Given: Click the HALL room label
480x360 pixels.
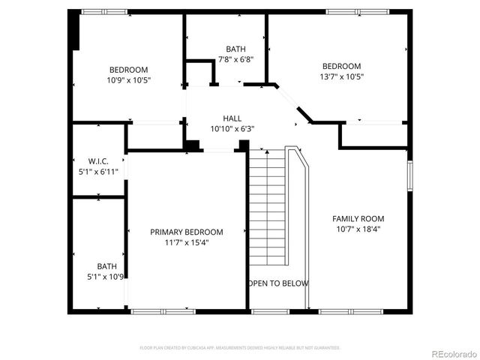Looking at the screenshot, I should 232,118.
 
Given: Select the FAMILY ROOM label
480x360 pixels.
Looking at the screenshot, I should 358,219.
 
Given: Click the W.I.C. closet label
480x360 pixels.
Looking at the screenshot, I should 98,161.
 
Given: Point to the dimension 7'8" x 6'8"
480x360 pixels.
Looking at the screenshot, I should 235,59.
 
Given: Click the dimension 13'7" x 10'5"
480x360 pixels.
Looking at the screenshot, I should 341,76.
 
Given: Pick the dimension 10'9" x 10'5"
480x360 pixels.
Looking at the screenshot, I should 128,80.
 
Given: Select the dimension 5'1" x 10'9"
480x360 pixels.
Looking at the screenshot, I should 106,277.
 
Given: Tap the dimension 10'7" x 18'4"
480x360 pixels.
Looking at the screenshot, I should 358,229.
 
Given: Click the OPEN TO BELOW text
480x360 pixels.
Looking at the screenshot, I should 277,283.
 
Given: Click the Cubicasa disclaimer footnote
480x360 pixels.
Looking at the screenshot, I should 240,348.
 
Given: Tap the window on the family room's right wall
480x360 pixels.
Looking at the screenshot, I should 410,175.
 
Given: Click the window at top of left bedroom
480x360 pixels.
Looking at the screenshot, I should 104,12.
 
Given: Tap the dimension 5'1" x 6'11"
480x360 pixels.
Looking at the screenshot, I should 98,172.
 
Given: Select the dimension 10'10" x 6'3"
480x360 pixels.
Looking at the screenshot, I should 232,129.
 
